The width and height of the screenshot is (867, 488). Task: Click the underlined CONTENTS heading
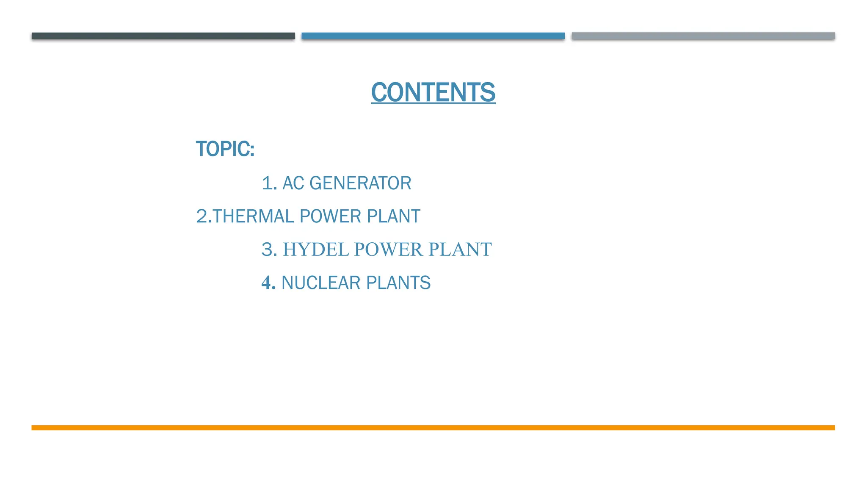tap(433, 92)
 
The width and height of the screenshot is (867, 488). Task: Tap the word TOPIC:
tap(225, 149)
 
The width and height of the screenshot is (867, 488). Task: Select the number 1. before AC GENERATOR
tap(269, 183)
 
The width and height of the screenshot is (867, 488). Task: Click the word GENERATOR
tap(360, 183)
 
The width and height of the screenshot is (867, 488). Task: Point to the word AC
tap(293, 183)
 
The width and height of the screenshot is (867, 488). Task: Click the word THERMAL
tap(253, 216)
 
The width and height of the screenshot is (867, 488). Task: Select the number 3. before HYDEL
tap(269, 250)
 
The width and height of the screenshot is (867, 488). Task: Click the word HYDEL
tap(316, 250)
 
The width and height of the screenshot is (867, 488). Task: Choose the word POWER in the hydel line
tap(388, 250)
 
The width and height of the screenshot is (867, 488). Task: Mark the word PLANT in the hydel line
tap(460, 250)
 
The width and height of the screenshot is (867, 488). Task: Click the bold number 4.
tap(268, 283)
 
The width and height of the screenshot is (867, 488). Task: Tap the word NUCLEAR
tap(321, 283)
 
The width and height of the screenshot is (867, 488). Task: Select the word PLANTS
tap(398, 283)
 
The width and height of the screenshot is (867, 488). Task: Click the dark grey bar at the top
tap(163, 36)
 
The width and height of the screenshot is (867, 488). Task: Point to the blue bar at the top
tap(433, 36)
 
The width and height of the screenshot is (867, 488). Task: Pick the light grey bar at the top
tap(703, 36)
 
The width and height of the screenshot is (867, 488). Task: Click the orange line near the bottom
tap(433, 428)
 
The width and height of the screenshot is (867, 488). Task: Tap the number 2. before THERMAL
tap(204, 216)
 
